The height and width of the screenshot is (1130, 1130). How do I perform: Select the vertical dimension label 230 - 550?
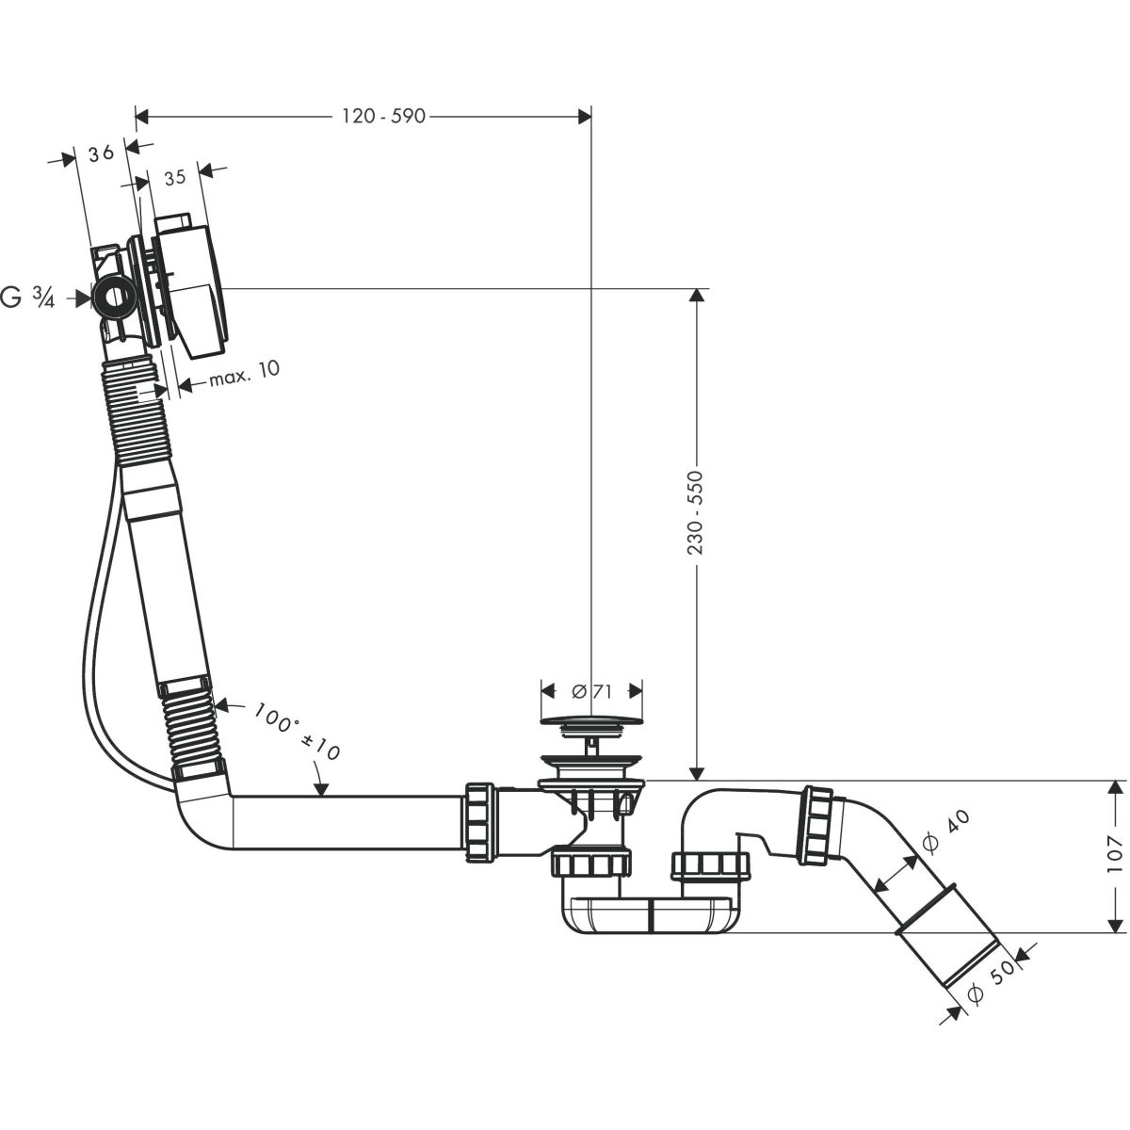pyautogui.click(x=696, y=512)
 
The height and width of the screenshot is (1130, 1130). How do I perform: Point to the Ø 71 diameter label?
pyautogui.click(x=592, y=690)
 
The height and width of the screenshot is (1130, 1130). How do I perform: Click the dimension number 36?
pyautogui.click(x=103, y=152)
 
